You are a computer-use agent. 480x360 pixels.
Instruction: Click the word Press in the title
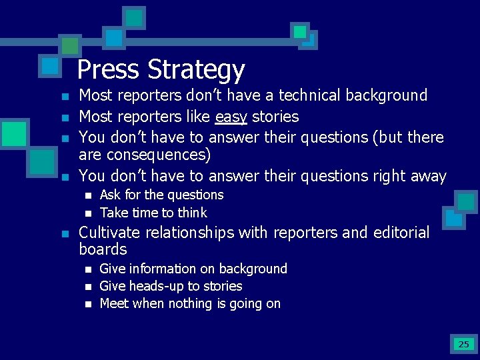[x=109, y=69]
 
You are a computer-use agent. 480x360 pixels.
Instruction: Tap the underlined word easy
[x=231, y=117]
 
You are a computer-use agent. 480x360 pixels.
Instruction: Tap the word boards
[x=103, y=249]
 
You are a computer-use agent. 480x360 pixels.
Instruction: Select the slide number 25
[x=463, y=344]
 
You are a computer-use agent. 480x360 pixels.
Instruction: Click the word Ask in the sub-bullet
[x=111, y=195]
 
